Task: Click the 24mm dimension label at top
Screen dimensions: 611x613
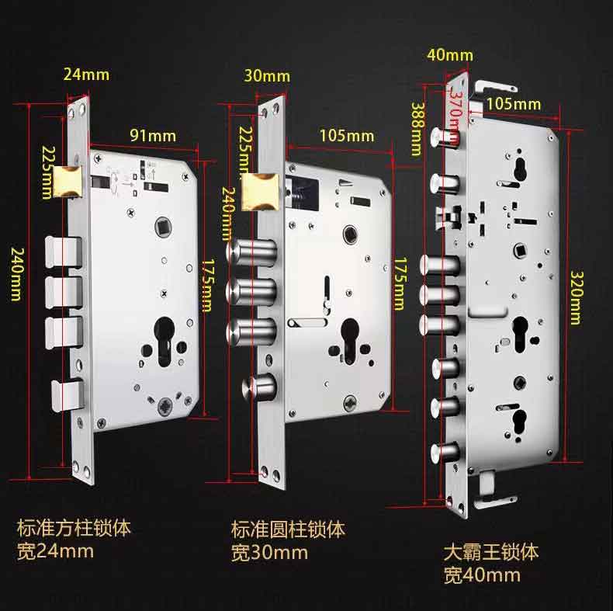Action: click(x=86, y=75)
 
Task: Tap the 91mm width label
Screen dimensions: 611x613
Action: click(x=152, y=136)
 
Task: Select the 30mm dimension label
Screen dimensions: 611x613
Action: click(x=266, y=75)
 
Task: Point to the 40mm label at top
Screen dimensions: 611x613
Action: click(x=449, y=54)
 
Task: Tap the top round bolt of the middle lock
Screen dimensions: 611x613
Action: click(x=251, y=254)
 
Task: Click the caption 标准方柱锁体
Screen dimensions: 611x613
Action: click(x=74, y=529)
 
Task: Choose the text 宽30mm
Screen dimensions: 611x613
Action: click(x=269, y=553)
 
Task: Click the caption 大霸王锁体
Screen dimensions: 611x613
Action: click(x=490, y=553)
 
